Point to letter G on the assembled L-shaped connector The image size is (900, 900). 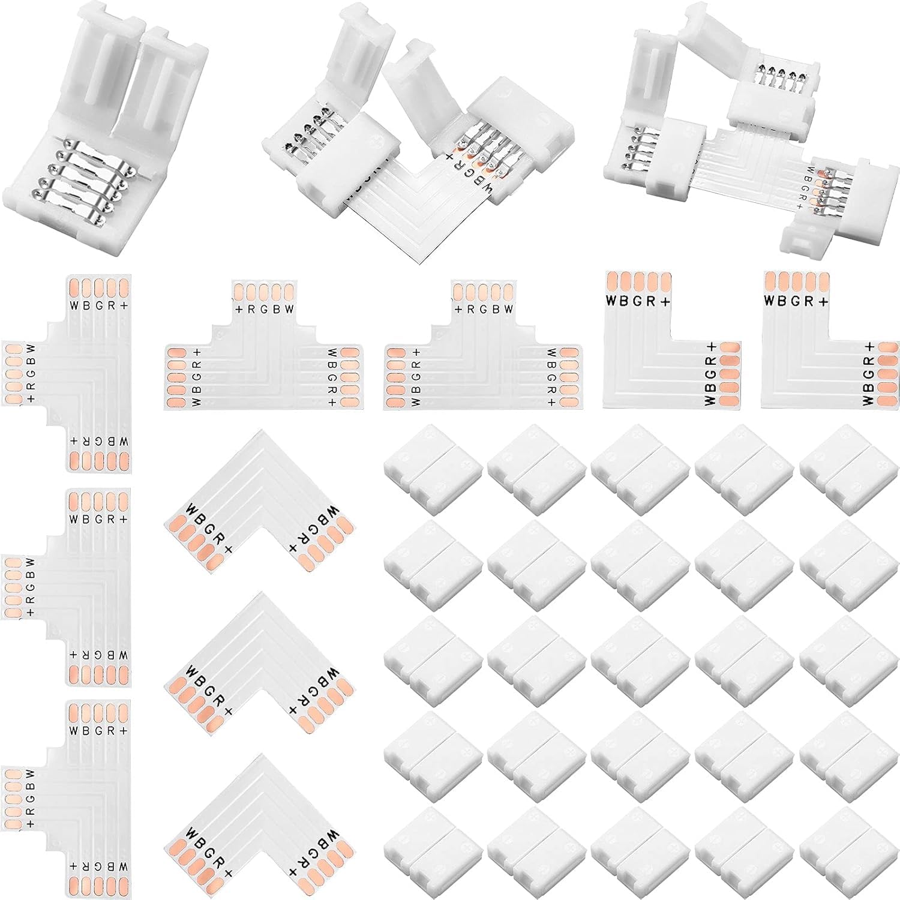click(472, 173)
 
